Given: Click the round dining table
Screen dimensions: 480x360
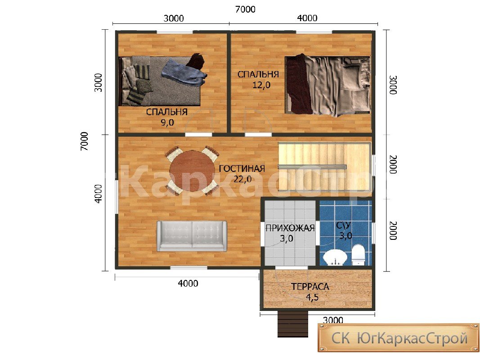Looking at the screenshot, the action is tap(192, 171).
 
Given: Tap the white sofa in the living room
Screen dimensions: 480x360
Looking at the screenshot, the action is tap(192, 236).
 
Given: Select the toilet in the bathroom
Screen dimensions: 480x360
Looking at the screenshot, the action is tap(359, 255).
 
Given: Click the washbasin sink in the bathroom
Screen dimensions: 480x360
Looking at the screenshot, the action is tap(335, 258).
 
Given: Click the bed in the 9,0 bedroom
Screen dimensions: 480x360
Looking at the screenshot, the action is tap(160, 81).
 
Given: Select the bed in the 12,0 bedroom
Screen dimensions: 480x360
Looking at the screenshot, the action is tap(327, 85).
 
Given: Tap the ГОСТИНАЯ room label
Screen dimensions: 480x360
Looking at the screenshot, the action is tap(242, 169).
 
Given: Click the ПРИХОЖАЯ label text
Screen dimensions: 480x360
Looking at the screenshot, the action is tap(290, 228).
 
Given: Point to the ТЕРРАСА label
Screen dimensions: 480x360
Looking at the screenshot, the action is tap(310, 287).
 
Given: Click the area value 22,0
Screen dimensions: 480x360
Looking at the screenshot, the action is tap(242, 179).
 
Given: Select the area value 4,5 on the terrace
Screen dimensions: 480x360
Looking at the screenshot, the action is tap(312, 297).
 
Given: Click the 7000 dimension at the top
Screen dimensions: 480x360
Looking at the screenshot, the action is tap(245, 9).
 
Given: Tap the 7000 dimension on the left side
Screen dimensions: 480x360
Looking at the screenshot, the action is tap(84, 141).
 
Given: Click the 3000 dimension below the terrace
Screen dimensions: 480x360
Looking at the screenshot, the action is tap(333, 320).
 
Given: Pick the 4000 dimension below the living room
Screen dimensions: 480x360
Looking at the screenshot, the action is tap(188, 283).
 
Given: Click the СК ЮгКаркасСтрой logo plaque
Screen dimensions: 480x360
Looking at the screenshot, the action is tap(399, 338).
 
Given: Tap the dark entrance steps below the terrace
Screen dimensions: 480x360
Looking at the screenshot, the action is tap(293, 324).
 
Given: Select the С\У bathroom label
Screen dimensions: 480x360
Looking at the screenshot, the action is tap(343, 225).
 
